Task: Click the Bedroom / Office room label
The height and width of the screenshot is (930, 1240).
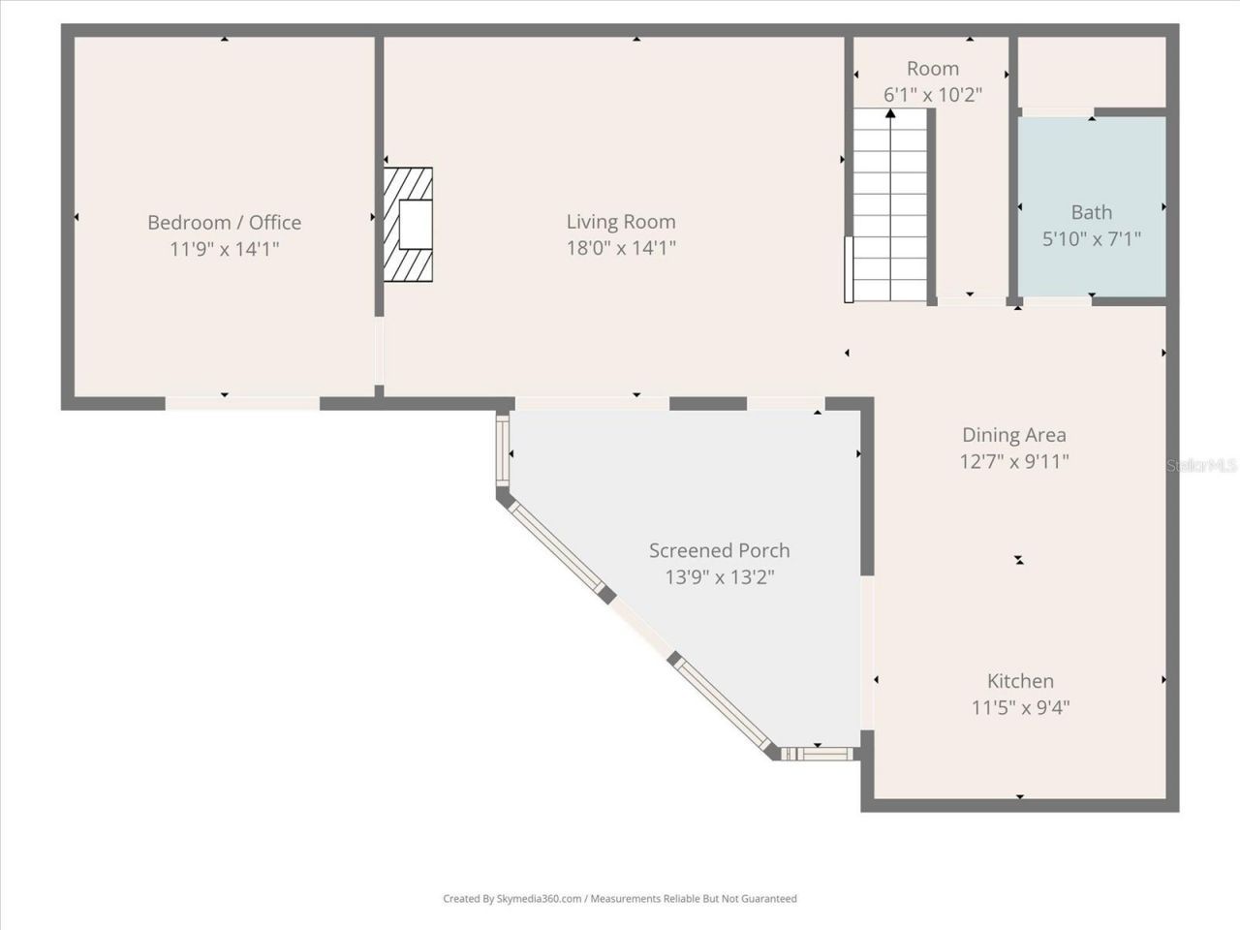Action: [x=224, y=223]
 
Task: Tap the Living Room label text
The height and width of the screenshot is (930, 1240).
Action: [x=620, y=222]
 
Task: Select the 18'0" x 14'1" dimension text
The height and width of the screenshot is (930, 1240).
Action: [x=620, y=248]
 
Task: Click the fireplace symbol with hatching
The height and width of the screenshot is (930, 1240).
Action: [x=408, y=225]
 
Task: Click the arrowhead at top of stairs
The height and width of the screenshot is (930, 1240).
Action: [x=890, y=115]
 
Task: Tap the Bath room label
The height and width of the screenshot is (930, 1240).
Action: [x=1091, y=212]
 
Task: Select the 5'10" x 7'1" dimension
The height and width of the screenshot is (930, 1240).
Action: [x=1091, y=238]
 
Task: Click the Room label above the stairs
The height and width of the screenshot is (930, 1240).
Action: [x=932, y=69]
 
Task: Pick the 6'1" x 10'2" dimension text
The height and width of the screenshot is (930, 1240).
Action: [x=932, y=95]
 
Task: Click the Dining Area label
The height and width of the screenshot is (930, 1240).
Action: [x=1013, y=435]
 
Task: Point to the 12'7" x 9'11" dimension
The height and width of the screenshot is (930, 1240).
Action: [x=1013, y=461]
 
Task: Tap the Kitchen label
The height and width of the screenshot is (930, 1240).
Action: [x=1020, y=681]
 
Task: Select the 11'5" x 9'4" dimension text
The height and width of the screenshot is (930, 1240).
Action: [x=1020, y=707]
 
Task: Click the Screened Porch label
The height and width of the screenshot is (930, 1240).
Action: [x=719, y=550]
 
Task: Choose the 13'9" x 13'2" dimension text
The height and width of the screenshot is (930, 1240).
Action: [x=719, y=577]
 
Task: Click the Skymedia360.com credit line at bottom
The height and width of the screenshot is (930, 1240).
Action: [x=620, y=899]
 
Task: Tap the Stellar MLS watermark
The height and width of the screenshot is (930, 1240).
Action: [x=1201, y=466]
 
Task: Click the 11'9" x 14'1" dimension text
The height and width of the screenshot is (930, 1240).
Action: [x=224, y=249]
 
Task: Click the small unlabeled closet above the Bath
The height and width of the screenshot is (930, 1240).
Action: [x=1091, y=73]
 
